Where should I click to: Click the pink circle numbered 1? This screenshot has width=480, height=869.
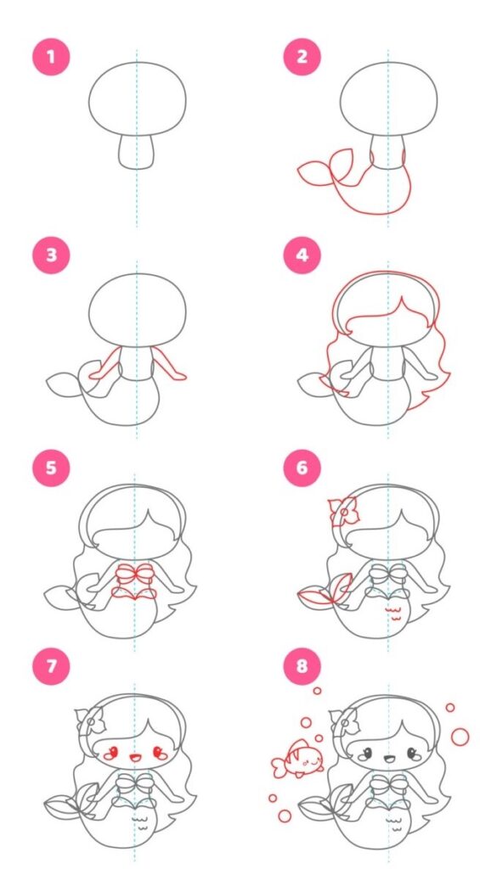click(51, 56)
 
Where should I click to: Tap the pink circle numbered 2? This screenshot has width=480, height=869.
click(302, 56)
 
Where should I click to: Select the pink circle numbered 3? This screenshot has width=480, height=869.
click(51, 255)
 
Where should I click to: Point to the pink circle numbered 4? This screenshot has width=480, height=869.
click(302, 255)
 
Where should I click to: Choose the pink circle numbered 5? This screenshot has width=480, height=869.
click(51, 468)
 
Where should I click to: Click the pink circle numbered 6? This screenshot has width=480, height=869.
click(302, 468)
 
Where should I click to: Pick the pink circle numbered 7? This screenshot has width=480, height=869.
click(51, 665)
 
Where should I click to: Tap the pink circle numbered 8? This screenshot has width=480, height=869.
click(302, 665)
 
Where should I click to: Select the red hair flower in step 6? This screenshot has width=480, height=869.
click(344, 512)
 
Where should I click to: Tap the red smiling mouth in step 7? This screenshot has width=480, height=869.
click(134, 756)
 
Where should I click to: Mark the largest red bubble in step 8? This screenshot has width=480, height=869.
click(460, 737)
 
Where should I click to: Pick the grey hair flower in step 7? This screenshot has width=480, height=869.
click(90, 720)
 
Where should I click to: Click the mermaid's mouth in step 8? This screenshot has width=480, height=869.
click(387, 754)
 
